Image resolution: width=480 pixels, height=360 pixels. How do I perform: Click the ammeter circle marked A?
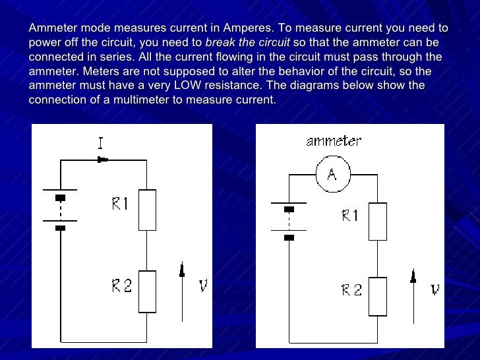click(332, 173)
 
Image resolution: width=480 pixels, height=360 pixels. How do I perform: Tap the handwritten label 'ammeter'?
click(334, 141)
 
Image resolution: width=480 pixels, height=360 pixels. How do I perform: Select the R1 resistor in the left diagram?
click(147, 210)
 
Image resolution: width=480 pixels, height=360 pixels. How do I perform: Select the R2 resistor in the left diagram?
click(147, 291)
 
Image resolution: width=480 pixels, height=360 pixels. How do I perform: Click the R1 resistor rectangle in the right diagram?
click(377, 221)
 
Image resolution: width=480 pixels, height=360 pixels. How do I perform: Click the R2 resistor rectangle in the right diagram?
click(377, 296)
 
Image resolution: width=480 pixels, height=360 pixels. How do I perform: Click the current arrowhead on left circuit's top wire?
click(102, 160)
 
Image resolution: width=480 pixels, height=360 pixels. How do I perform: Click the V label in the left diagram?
click(203, 286)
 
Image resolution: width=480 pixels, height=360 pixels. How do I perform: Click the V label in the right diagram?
click(435, 289)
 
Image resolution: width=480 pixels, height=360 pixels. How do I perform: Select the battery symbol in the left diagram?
click(60, 212)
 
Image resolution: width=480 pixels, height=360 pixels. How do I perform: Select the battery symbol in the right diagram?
click(288, 222)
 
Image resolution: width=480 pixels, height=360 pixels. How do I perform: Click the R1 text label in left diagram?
click(119, 204)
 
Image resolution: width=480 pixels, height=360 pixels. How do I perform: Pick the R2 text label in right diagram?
click(351, 289)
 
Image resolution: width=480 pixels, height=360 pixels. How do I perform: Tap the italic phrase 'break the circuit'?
click(247, 43)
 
